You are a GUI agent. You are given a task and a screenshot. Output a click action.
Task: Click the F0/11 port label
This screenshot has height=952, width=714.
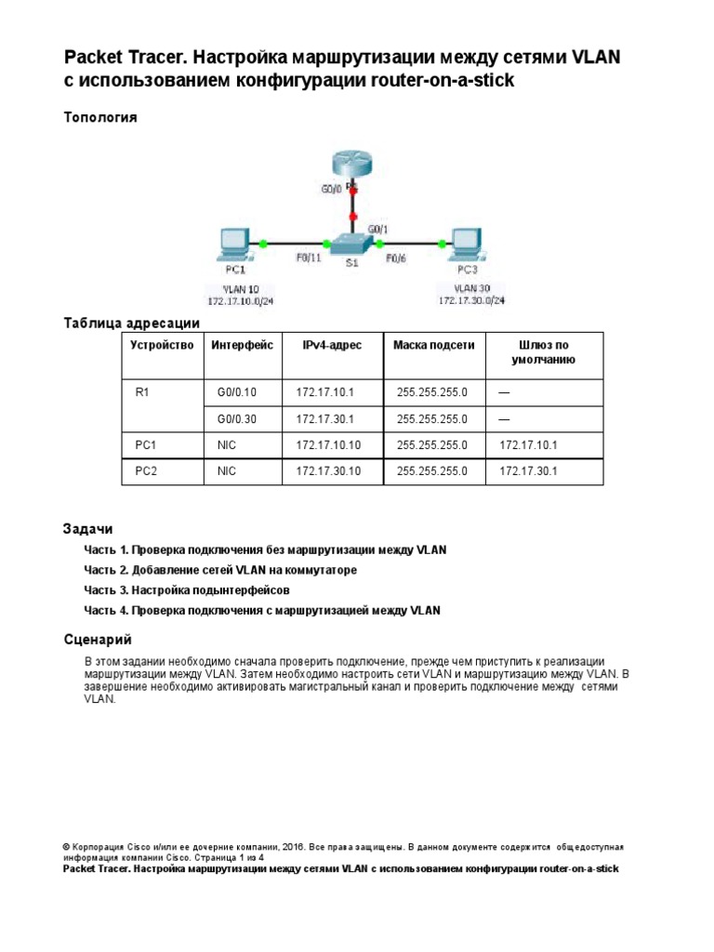click(309, 258)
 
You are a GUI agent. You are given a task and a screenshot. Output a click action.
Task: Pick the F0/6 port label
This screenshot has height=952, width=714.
click(396, 258)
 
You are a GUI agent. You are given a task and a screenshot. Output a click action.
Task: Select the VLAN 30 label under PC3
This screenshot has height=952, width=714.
click(471, 287)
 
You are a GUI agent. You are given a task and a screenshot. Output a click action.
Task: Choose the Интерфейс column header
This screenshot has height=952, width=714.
click(243, 345)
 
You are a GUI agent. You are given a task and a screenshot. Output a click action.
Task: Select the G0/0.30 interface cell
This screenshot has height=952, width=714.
click(236, 419)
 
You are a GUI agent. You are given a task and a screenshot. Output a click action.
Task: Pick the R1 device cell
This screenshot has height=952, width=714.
click(142, 393)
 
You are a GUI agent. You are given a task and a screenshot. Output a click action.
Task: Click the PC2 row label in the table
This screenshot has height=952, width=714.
click(146, 471)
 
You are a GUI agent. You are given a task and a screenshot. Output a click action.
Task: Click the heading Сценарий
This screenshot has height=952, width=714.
click(98, 640)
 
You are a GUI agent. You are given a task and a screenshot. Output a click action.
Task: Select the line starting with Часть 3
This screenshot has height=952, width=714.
click(187, 590)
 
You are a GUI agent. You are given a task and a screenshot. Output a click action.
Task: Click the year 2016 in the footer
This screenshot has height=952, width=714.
click(293, 848)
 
